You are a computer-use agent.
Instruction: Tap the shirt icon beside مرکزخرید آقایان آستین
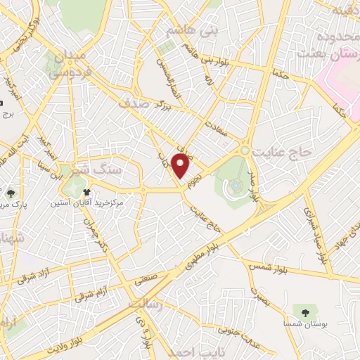[x=86, y=192]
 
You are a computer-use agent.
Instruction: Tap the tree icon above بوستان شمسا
[x=304, y=310]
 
